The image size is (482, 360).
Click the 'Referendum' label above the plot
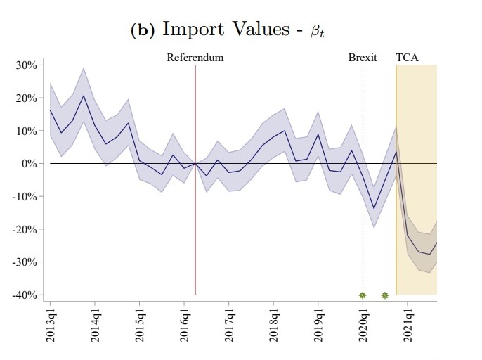(x=195, y=58)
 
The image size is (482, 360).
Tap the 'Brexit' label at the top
(x=363, y=58)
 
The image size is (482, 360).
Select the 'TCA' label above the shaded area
(x=407, y=58)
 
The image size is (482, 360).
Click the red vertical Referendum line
(x=195, y=211)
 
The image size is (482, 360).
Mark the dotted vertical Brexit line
(x=363, y=211)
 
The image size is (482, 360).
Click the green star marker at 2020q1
(x=363, y=295)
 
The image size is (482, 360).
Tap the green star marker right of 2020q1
(x=385, y=295)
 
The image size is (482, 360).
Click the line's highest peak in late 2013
(x=84, y=96)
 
